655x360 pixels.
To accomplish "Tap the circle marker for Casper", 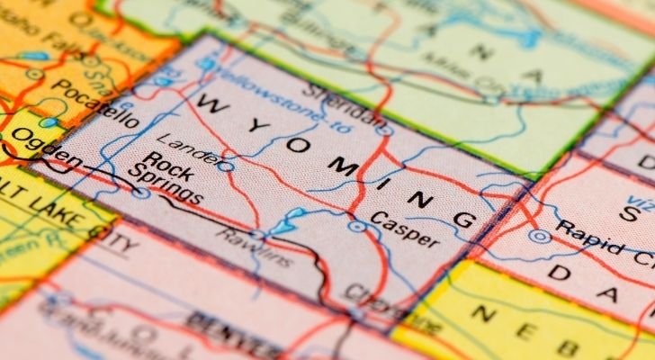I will click(x=357, y=226).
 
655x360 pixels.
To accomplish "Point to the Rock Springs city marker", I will click(x=140, y=192).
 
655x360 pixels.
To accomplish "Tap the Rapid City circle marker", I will click(x=539, y=236).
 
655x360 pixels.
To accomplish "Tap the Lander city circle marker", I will click(x=227, y=166).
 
